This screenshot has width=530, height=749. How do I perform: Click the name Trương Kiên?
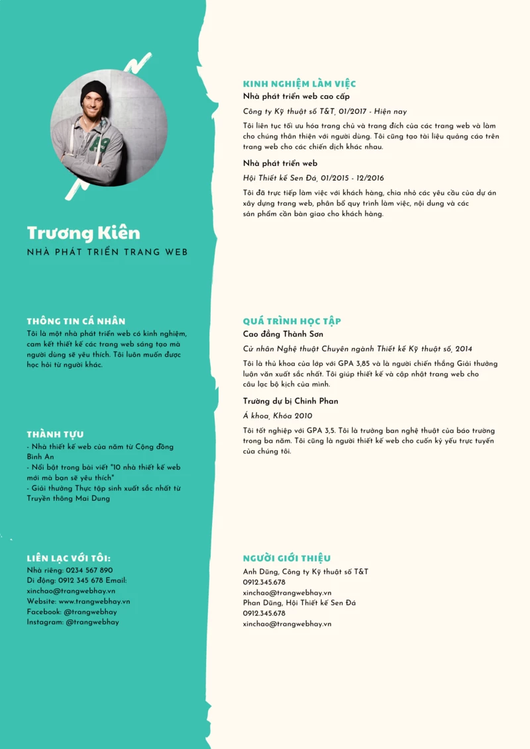pos(83,233)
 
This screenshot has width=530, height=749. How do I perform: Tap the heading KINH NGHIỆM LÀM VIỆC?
pos(299,84)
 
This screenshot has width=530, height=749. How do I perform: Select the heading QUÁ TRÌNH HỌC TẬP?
pos(291,321)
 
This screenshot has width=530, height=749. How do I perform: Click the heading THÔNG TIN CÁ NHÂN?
pos(76,321)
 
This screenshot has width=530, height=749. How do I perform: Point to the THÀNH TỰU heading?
pos(55,434)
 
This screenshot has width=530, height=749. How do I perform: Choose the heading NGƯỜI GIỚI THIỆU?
pos(287,558)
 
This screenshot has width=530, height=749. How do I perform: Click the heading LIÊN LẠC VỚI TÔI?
pos(68,558)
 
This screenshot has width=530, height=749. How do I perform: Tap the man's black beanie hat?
pos(93,92)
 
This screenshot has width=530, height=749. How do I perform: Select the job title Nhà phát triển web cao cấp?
pos(296,97)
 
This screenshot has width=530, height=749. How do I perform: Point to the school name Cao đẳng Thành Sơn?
pos(283,334)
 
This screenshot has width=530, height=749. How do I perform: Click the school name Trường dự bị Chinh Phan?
pos(290,401)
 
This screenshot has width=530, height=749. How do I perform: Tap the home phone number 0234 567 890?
pos(89,570)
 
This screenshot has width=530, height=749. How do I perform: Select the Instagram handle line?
pos(73,622)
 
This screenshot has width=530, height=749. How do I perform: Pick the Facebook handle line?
pos(72,612)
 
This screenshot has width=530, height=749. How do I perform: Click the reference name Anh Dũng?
pos(260,572)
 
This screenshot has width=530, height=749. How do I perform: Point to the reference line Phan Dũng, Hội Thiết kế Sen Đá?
pos(299,603)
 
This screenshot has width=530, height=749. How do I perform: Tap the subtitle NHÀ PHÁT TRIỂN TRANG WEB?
pos(107,252)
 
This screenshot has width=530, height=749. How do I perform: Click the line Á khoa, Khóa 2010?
pos(278,416)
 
